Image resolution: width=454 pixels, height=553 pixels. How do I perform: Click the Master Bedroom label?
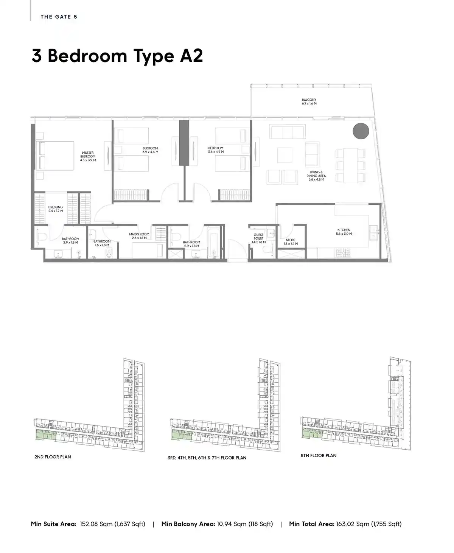click(x=88, y=156)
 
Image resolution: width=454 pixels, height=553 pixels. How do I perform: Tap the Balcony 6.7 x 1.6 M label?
click(x=309, y=101)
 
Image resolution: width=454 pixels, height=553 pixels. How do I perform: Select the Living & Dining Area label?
click(x=316, y=176)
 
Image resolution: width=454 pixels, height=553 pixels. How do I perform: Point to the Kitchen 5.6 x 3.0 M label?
click(x=344, y=232)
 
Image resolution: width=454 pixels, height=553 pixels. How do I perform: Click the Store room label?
click(x=291, y=242)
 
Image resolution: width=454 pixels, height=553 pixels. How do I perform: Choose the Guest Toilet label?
click(x=259, y=238)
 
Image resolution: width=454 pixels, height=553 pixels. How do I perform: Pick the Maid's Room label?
click(x=139, y=236)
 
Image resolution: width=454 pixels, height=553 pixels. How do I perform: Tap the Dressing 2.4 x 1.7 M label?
click(x=56, y=209)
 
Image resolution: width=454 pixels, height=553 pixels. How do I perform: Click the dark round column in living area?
click(x=361, y=131)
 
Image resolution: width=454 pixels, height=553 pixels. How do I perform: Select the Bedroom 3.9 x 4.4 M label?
click(x=150, y=150)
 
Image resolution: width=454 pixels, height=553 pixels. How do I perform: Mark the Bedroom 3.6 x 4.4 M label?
click(x=216, y=150)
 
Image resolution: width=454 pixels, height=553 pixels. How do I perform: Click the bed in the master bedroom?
click(x=55, y=156)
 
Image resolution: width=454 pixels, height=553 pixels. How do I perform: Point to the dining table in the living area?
click(x=351, y=165)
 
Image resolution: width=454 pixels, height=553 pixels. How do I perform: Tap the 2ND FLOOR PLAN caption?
click(x=53, y=457)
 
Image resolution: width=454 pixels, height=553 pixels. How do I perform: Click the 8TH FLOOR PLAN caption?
click(x=319, y=455)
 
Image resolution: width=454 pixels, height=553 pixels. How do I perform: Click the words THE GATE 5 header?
click(x=59, y=17)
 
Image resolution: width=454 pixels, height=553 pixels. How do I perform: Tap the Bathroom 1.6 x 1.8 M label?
click(x=102, y=243)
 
